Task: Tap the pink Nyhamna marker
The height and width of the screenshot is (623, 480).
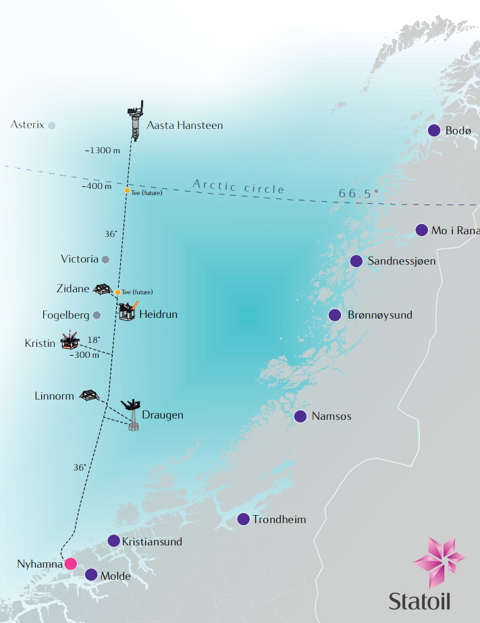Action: tap(70, 564)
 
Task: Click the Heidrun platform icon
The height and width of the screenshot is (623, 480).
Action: tap(128, 310)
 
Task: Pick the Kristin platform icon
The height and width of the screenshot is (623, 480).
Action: tap(70, 341)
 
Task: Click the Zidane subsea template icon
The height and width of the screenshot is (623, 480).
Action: tap(102, 289)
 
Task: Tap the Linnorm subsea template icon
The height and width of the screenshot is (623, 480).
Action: tap(88, 395)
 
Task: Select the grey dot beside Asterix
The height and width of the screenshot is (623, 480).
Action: tap(52, 125)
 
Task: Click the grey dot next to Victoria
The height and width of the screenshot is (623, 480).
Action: tap(105, 259)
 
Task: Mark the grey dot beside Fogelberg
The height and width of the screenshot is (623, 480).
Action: tap(97, 315)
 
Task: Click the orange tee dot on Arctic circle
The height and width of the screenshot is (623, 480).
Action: tap(127, 190)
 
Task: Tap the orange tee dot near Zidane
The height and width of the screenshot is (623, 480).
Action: tap(117, 292)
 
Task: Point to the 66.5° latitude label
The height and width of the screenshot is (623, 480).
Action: tap(358, 194)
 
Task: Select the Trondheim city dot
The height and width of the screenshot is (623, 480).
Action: tap(243, 519)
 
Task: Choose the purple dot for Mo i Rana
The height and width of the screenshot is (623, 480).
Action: tap(422, 230)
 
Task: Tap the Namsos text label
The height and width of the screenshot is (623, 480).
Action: tap(331, 416)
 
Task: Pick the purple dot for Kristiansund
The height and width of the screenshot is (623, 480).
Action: tap(114, 541)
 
